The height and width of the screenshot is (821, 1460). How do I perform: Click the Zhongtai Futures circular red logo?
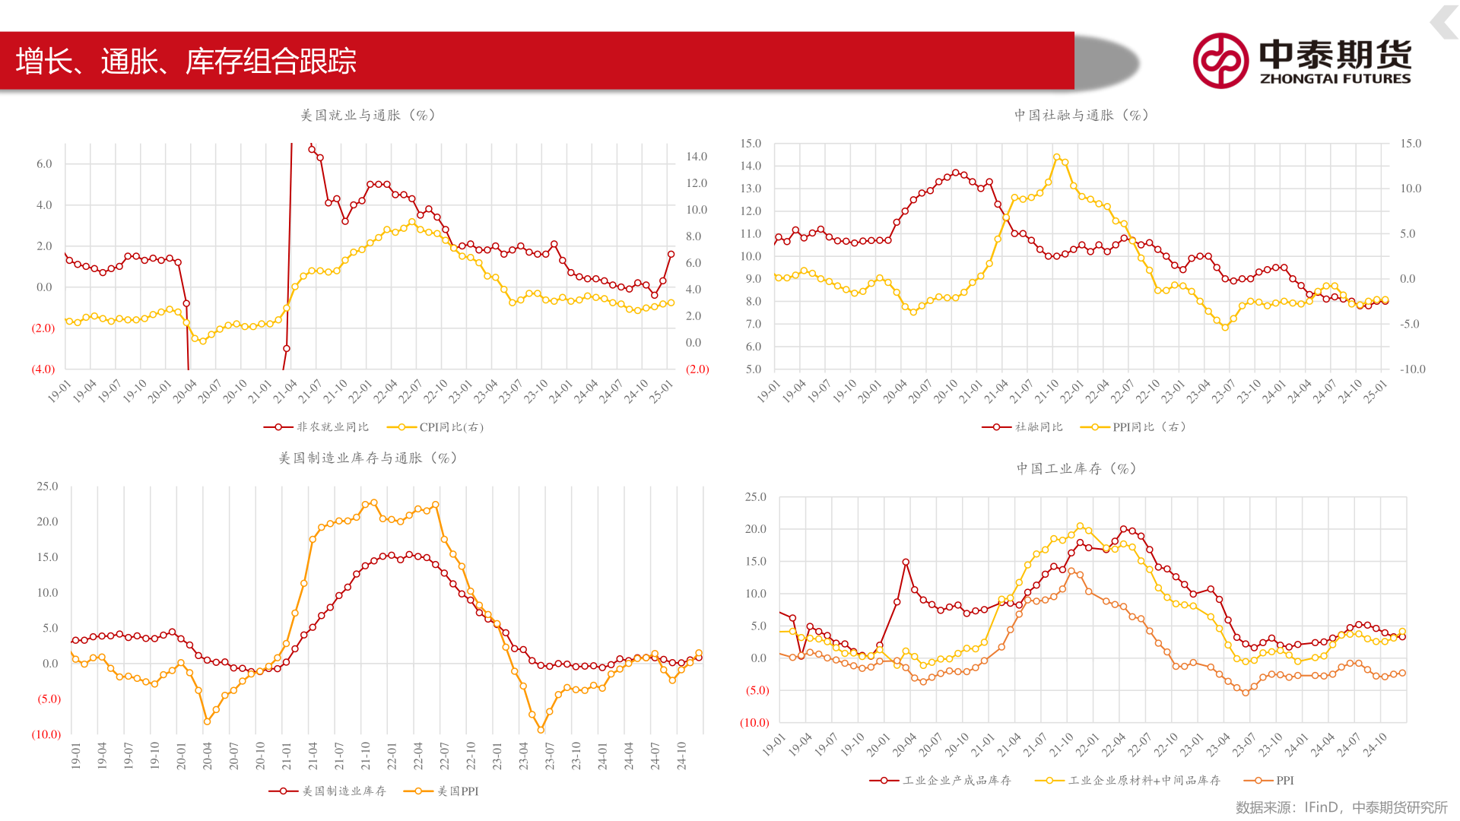[x=1220, y=61]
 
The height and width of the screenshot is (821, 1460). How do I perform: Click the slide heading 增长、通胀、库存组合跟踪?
[x=186, y=62]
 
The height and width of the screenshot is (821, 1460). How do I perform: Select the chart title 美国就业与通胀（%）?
[x=368, y=116]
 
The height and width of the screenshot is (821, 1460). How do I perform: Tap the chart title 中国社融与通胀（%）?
[x=1081, y=116]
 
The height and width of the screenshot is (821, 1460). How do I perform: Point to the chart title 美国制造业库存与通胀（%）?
[x=368, y=458]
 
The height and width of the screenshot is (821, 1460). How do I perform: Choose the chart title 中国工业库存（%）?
[x=1077, y=469]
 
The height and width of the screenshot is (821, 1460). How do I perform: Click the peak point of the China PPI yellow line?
[x=1056, y=157]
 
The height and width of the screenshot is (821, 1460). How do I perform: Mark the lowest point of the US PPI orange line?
[x=541, y=730]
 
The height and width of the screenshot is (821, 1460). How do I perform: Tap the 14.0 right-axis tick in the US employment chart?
[x=697, y=157]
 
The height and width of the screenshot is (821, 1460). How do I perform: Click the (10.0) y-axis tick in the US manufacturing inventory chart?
[x=46, y=734]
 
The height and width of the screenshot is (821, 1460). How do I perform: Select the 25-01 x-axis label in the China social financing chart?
[x=1376, y=391]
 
